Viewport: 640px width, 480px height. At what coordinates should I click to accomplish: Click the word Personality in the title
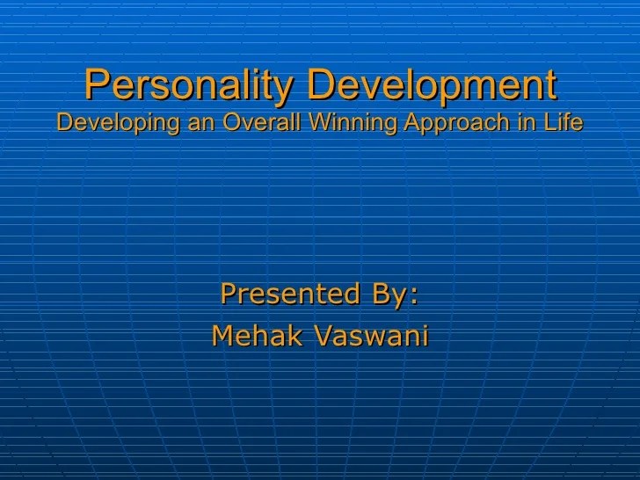[189, 85]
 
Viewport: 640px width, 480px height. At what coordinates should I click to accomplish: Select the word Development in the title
[432, 85]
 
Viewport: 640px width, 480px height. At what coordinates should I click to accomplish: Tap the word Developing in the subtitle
[118, 122]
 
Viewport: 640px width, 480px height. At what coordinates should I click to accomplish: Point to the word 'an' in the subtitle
[201, 124]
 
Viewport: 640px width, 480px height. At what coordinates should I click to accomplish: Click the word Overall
[261, 121]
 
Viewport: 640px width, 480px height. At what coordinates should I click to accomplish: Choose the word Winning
[353, 122]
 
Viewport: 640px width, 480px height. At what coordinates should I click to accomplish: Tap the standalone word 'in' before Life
[527, 121]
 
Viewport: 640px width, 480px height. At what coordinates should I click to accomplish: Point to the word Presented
[290, 293]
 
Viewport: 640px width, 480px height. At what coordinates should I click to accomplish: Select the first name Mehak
[257, 336]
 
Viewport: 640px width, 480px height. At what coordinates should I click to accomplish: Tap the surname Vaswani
[371, 336]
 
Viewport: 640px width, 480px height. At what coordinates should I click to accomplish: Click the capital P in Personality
[97, 84]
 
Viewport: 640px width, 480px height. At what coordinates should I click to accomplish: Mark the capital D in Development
[321, 84]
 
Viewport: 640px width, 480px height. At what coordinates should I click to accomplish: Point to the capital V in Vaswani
[324, 336]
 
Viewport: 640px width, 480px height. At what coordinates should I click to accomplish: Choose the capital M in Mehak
[223, 336]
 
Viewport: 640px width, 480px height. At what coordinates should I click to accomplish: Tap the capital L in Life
[549, 121]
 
